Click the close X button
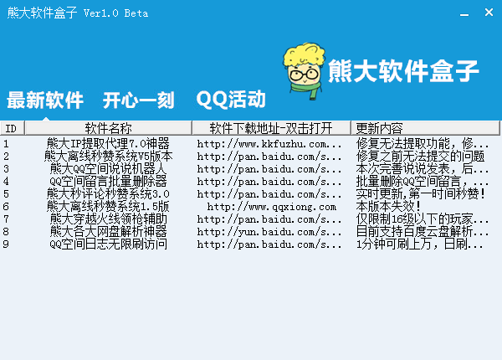click(489, 13)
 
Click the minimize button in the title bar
click(464, 15)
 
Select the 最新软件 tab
click(45, 100)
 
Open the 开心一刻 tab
click(138, 100)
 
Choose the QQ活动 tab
click(231, 100)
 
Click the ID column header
click(13, 128)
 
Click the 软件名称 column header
click(108, 128)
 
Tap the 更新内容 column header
click(425, 128)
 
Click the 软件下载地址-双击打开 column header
click(271, 128)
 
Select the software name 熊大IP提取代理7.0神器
click(108, 143)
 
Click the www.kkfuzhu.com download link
click(269, 144)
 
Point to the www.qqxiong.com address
click(272, 207)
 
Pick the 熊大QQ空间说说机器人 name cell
click(108, 169)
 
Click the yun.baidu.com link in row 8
click(269, 232)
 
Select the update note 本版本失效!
click(388, 207)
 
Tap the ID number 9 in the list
click(6, 244)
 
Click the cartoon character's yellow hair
click(305, 54)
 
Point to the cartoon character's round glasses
click(303, 75)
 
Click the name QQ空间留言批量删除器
click(108, 182)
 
